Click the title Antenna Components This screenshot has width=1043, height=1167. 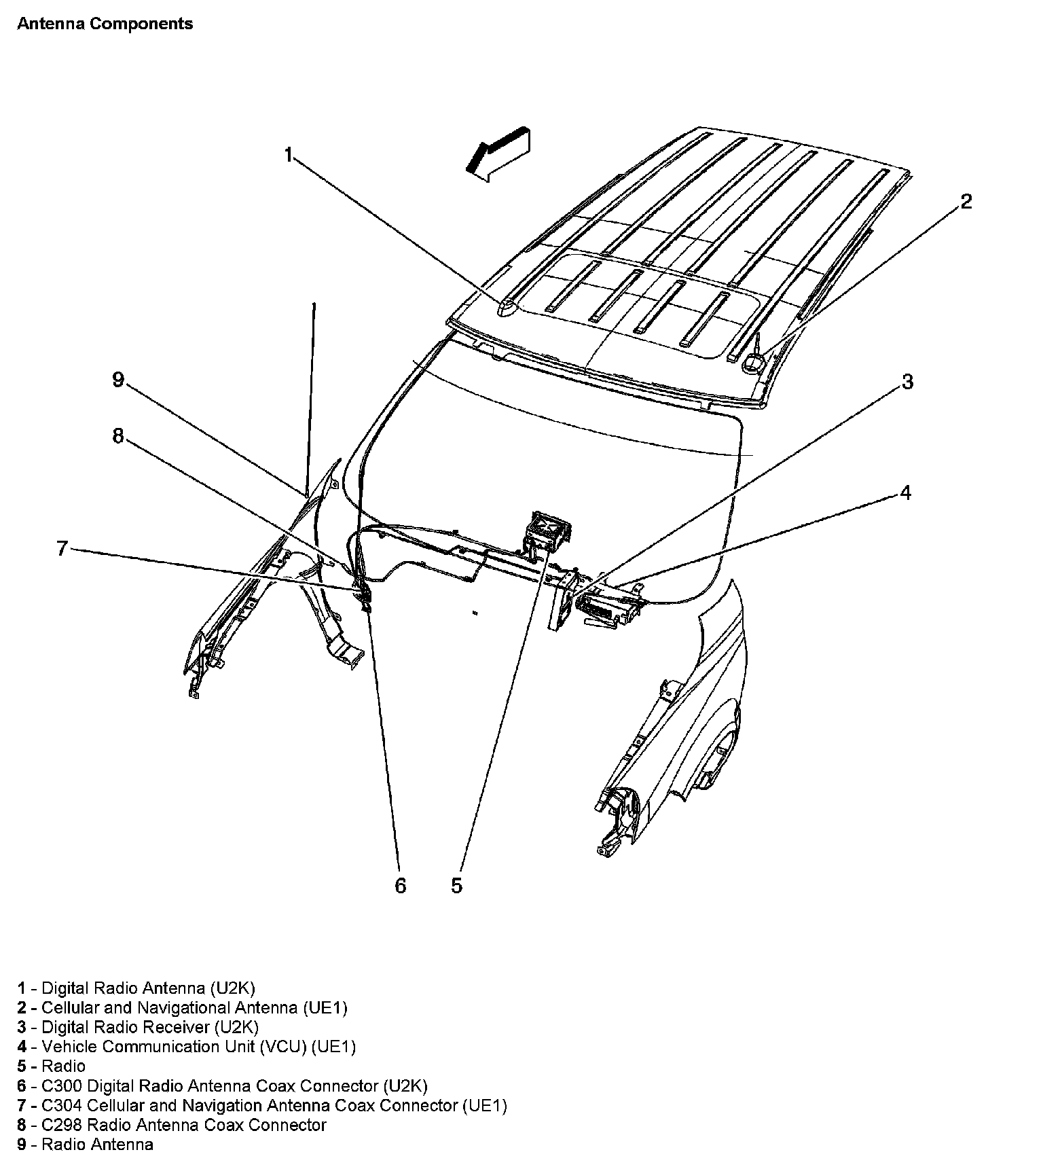(105, 24)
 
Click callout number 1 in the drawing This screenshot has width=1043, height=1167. (288, 156)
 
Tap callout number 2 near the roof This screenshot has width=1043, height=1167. (966, 202)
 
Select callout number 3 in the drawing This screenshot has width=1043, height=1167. (907, 382)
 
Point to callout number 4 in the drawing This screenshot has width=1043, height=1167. (905, 492)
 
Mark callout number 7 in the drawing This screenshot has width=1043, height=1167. (62, 548)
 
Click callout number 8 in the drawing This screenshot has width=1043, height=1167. (118, 436)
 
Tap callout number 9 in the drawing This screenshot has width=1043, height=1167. (118, 380)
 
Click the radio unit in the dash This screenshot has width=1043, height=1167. (547, 528)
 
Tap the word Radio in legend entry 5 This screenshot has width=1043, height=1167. (63, 1066)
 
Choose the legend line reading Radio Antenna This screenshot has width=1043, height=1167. (97, 1145)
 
